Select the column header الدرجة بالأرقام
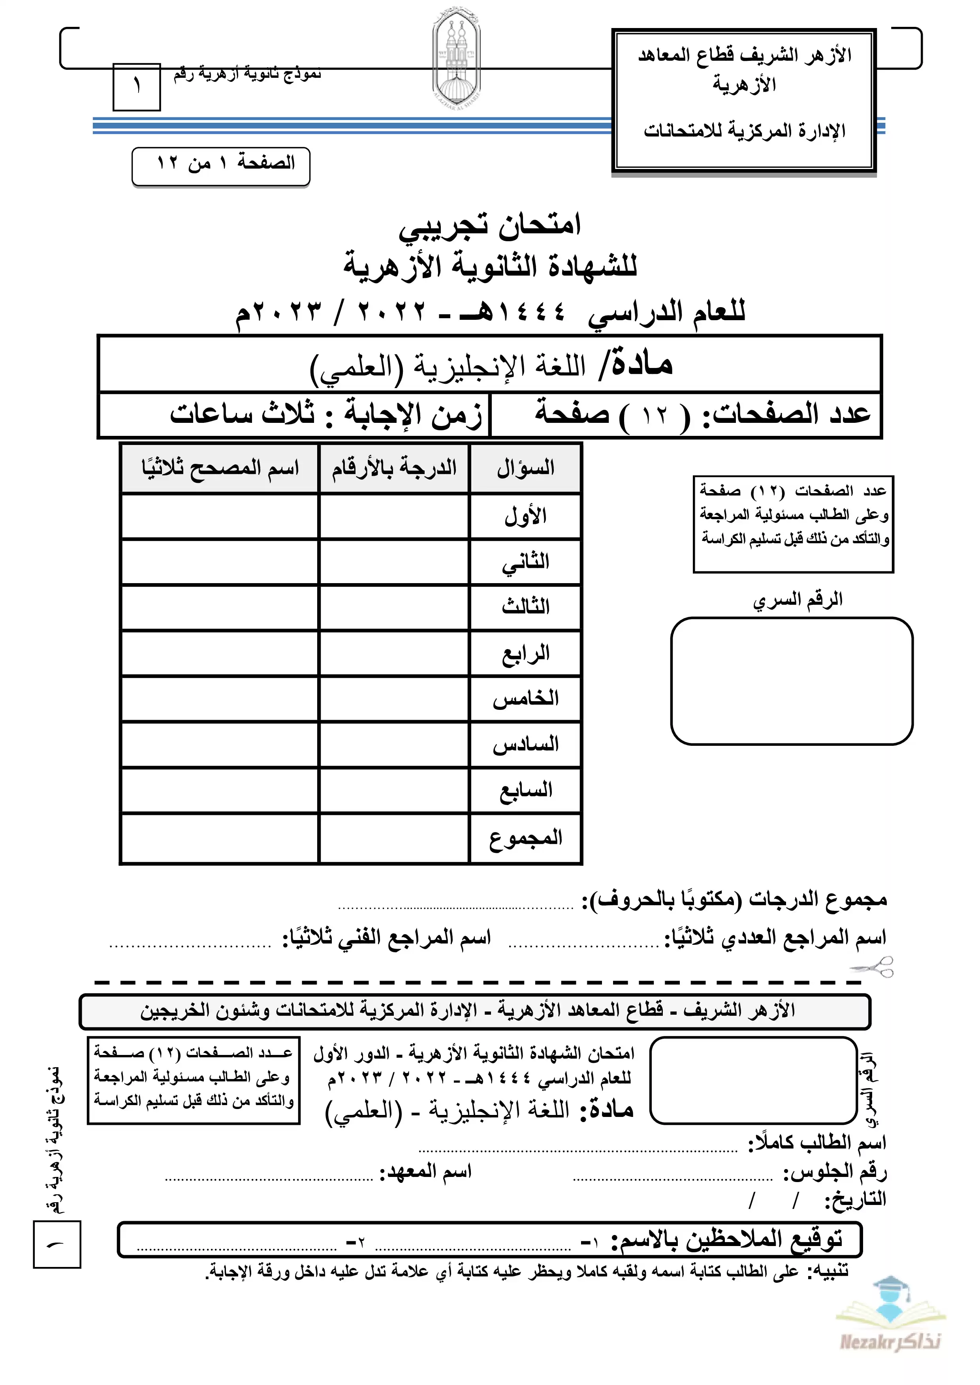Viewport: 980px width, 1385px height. (394, 468)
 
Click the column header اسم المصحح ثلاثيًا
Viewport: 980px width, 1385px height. (220, 468)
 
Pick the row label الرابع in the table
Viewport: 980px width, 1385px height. (526, 654)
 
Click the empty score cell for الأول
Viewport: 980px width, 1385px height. (394, 517)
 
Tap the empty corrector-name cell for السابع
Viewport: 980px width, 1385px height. (220, 791)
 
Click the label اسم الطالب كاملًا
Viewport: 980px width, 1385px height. (817, 1143)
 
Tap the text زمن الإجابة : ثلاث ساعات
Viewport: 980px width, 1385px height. (326, 415)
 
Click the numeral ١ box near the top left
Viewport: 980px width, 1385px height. (137, 87)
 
